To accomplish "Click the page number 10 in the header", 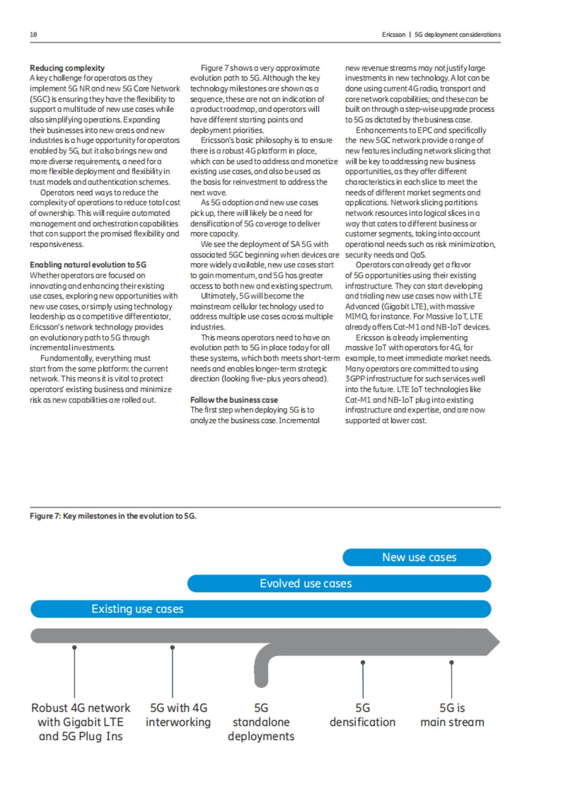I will click(33, 35).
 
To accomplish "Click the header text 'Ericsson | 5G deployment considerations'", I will click(441, 35).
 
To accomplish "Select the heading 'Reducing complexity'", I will click(67, 68).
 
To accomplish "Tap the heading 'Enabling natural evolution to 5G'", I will click(88, 265).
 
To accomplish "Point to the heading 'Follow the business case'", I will click(234, 400).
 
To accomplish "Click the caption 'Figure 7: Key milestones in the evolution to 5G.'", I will click(113, 516).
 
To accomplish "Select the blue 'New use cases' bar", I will click(417, 557).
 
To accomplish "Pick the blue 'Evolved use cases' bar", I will click(339, 584).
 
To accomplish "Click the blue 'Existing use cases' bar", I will click(260, 609).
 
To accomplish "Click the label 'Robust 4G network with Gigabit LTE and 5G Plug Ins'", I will click(81, 722).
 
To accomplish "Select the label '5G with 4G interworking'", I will click(178, 715).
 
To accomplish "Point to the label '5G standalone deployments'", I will click(261, 722).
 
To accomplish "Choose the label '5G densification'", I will click(362, 715).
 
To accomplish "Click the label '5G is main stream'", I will click(452, 715).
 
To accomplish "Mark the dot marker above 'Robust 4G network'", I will click(74, 648).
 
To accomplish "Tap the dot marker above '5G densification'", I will click(363, 662).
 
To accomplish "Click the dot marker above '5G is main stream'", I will click(452, 662).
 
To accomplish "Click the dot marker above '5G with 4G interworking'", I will click(173, 648).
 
